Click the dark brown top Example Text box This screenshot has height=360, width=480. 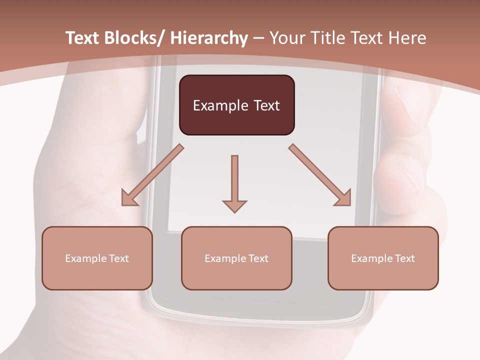236,105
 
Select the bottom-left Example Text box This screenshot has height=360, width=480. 97,258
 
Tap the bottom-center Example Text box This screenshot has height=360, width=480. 236,258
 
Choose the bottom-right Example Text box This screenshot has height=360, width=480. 383,258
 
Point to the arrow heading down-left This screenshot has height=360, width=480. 153,175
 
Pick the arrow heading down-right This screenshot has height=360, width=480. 320,175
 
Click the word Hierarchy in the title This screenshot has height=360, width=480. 209,38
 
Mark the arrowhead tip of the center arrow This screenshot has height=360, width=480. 234,211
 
